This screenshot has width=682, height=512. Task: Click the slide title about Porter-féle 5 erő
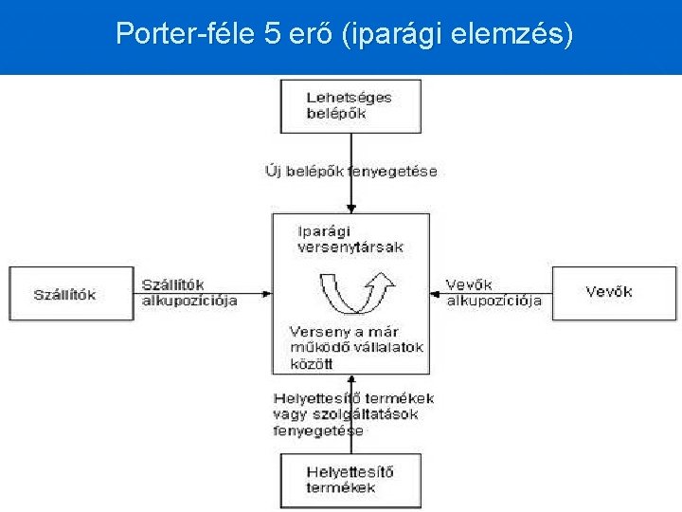pyautogui.click(x=344, y=34)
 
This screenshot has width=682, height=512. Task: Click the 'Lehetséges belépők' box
pyautogui.click(x=350, y=105)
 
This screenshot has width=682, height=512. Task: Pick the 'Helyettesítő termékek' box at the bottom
pyautogui.click(x=350, y=480)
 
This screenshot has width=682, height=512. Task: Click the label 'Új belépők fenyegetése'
pyautogui.click(x=350, y=172)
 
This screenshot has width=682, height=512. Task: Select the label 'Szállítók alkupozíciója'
pyautogui.click(x=189, y=292)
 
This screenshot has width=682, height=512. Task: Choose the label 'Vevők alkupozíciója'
pyautogui.click(x=494, y=292)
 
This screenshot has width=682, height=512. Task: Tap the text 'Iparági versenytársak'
pyautogui.click(x=350, y=239)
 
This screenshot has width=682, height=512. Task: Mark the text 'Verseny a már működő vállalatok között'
pyautogui.click(x=355, y=347)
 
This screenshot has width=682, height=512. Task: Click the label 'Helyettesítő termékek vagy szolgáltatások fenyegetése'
pyautogui.click(x=352, y=414)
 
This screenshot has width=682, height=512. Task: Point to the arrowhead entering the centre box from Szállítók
pyautogui.click(x=268, y=294)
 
